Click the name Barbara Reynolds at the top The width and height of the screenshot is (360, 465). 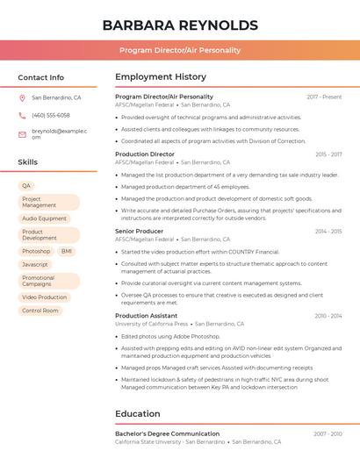click(180, 25)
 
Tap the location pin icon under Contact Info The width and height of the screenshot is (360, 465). click(22, 98)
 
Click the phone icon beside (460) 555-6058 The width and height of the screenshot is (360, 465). click(22, 115)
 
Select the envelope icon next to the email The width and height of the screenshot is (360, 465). click(22, 134)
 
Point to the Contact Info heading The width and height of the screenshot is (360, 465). click(40, 77)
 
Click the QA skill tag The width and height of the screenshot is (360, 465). click(26, 186)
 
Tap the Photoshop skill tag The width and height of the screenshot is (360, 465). click(36, 251)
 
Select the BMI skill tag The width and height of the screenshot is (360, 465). click(67, 251)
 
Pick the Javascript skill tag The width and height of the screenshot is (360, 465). click(35, 264)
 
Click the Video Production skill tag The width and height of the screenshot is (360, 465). click(45, 297)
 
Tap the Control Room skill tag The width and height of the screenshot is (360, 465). click(40, 311)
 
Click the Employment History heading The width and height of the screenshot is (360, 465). click(161, 77)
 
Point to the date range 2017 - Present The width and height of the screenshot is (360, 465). click(324, 97)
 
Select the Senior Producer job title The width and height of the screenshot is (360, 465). click(139, 232)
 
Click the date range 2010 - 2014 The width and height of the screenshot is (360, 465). click(328, 316)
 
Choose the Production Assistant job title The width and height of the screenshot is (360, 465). click(146, 316)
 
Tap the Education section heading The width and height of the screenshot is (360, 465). click(138, 414)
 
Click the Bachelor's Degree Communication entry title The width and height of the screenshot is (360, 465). click(167, 434)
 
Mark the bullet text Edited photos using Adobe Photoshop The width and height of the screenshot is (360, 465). click(170, 336)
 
